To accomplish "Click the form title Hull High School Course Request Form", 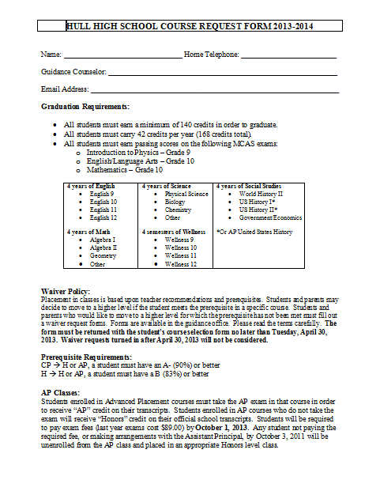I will [x=190, y=26].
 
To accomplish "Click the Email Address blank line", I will [x=214, y=92].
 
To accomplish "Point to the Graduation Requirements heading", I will [x=85, y=106].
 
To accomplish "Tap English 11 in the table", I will [x=103, y=210].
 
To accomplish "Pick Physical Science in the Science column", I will [x=186, y=194].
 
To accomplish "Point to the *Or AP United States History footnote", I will [x=254, y=232].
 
